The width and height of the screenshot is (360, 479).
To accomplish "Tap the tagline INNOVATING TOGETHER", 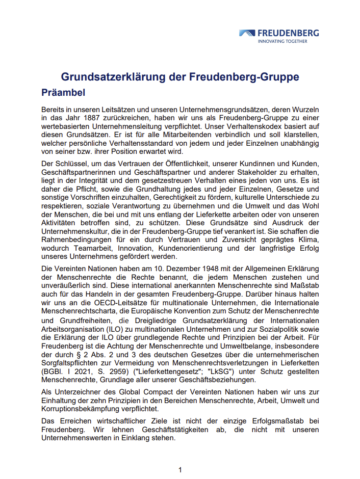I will point(282,41).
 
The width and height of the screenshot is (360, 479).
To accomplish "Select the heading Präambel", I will point(63,93).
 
